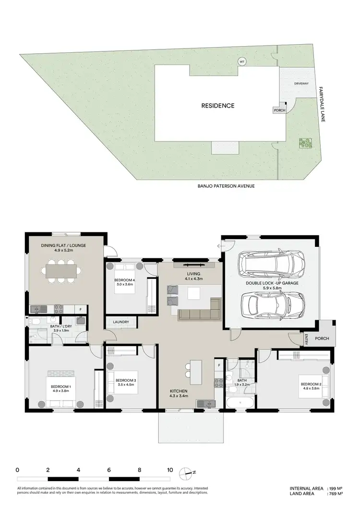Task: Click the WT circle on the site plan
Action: pyautogui.click(x=242, y=61)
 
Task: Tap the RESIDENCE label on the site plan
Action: pyautogui.click(x=218, y=106)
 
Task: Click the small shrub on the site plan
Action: pyautogui.click(x=303, y=143)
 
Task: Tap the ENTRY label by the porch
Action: pyautogui.click(x=306, y=339)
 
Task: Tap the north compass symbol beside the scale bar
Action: pyautogui.click(x=185, y=473)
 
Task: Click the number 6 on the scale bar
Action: pyautogui.click(x=109, y=470)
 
